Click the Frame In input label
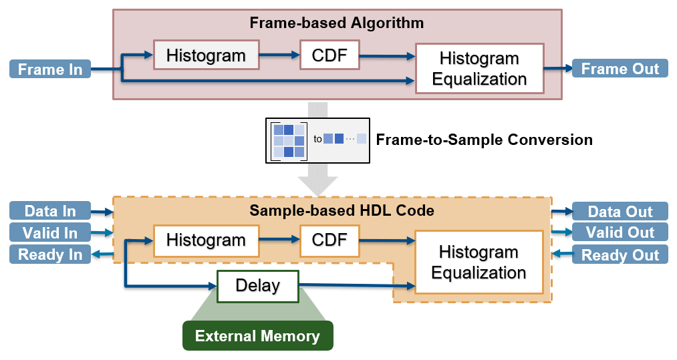point(50,69)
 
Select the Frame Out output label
point(620,69)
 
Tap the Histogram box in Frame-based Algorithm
point(206,55)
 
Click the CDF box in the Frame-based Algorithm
point(329,55)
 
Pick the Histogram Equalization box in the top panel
point(479,69)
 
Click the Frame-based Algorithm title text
point(336,23)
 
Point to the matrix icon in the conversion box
point(289,141)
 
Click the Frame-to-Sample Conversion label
point(484,140)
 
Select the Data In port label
point(50,211)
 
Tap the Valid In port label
point(50,232)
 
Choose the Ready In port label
point(50,254)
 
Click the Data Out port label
point(620,212)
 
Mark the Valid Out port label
point(620,232)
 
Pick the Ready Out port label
point(620,254)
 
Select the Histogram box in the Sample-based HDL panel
point(206,240)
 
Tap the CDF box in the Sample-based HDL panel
point(329,240)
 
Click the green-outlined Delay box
point(258,286)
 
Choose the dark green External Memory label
point(257,336)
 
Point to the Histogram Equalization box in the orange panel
point(479,262)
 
